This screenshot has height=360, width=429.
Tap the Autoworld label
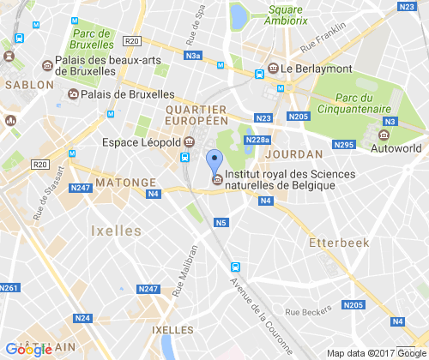396,148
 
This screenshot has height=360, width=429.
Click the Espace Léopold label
142,141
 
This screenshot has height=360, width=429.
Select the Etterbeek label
340,243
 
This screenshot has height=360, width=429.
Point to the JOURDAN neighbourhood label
294,153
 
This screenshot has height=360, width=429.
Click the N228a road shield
257,140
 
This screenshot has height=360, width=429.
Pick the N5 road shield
221,224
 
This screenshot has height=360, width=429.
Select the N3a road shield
194,57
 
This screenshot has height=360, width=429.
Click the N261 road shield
9,287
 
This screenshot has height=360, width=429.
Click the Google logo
29,348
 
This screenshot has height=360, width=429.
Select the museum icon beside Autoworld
384,134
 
